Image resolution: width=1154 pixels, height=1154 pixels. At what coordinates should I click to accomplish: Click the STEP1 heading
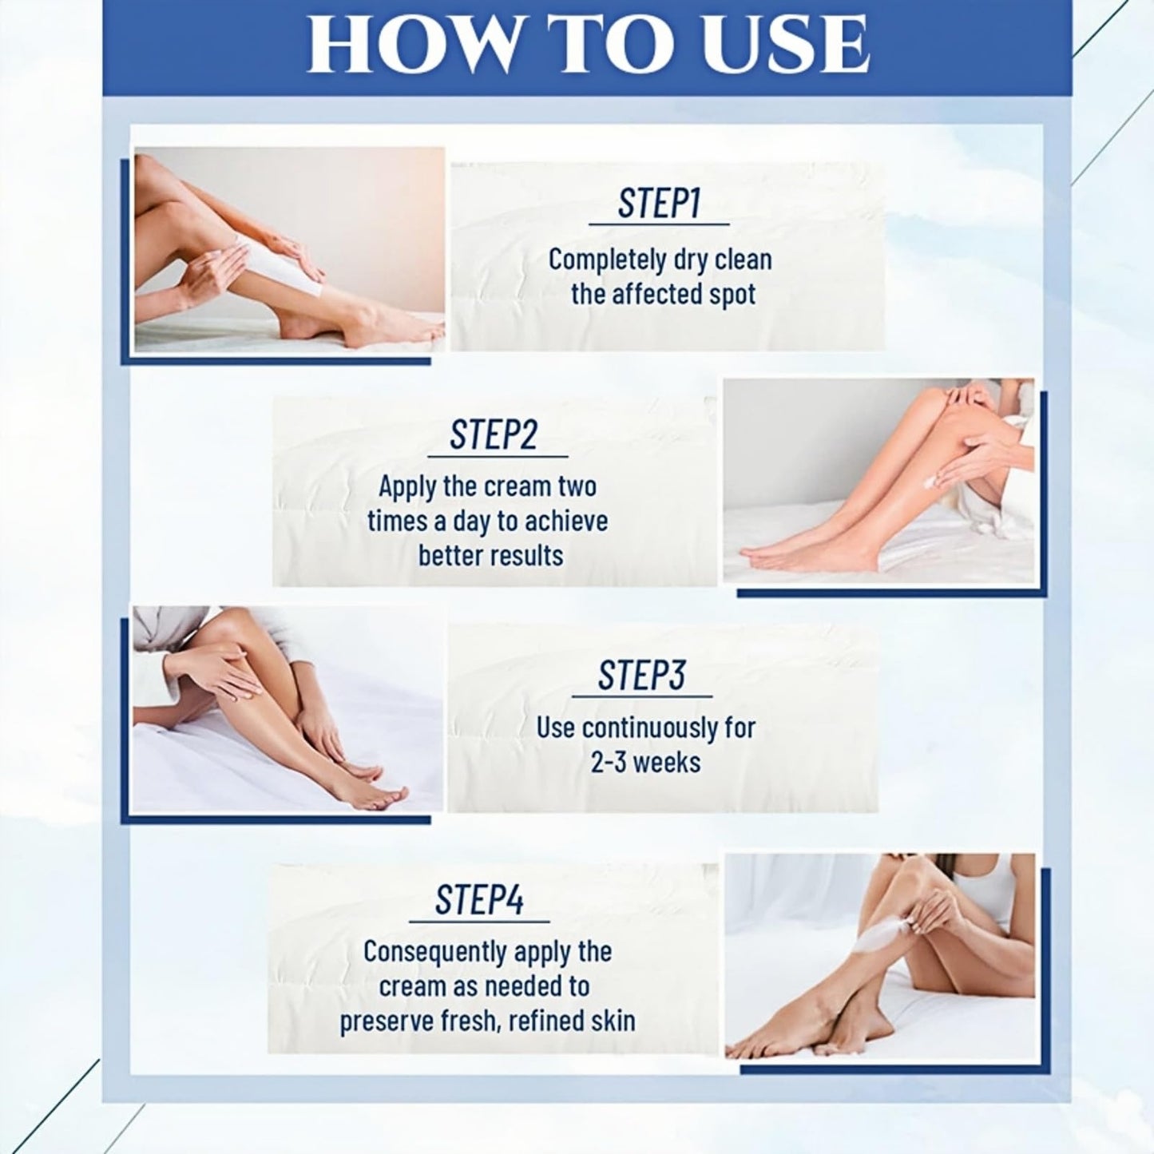pos(659,204)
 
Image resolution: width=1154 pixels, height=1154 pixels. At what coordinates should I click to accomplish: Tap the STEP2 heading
pos(494,435)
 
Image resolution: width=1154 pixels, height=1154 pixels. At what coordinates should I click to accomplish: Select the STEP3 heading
pos(641,676)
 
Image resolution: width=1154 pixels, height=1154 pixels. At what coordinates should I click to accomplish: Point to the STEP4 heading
pos(479,901)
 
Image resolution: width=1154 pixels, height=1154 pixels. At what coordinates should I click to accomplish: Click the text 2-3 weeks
pos(645,763)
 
